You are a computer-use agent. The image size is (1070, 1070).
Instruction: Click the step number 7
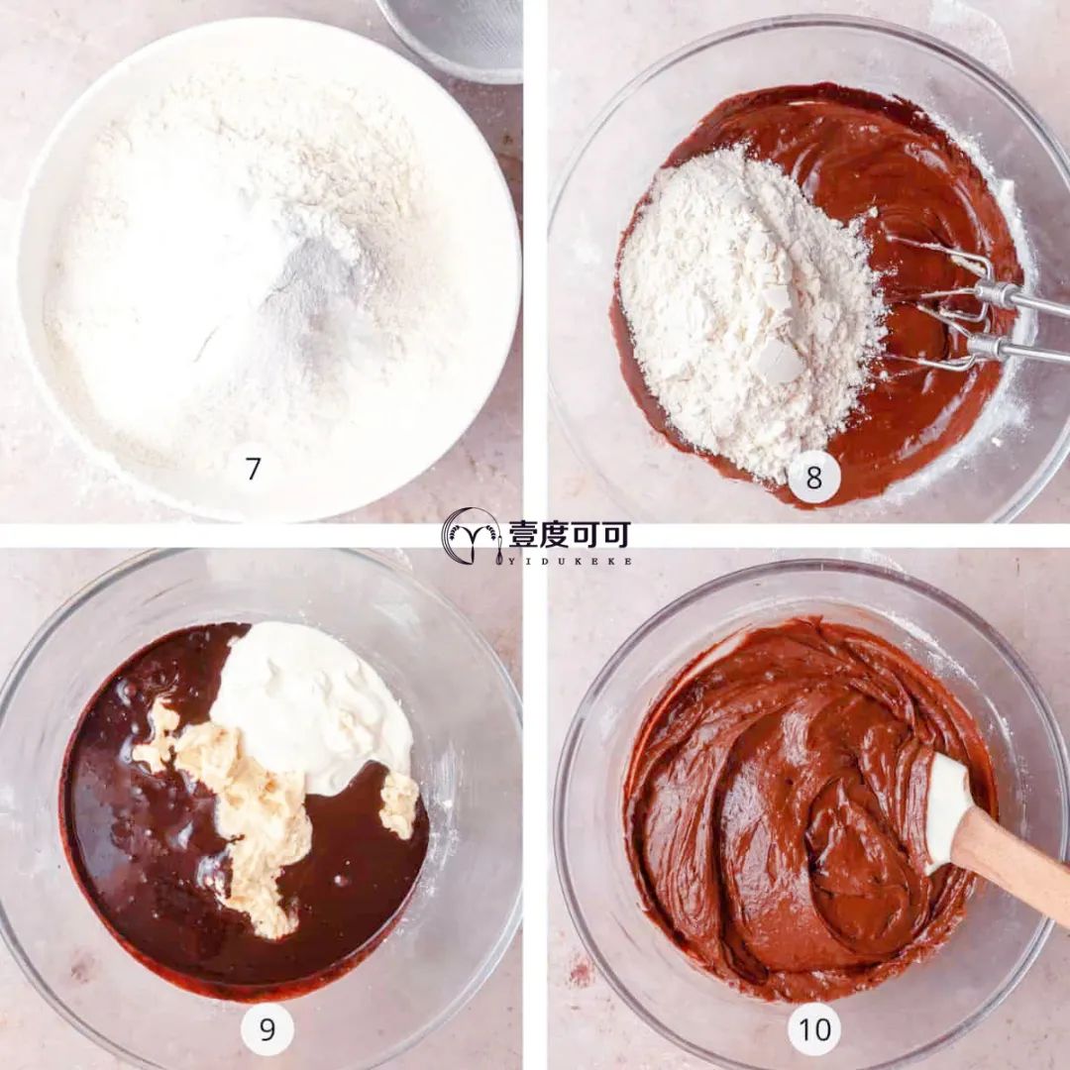pos(254,469)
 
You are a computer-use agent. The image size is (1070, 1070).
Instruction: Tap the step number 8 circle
pos(813,477)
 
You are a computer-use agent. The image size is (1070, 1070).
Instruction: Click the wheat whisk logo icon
pos(472,536)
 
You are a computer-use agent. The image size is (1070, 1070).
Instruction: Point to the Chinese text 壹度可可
pos(569,535)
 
